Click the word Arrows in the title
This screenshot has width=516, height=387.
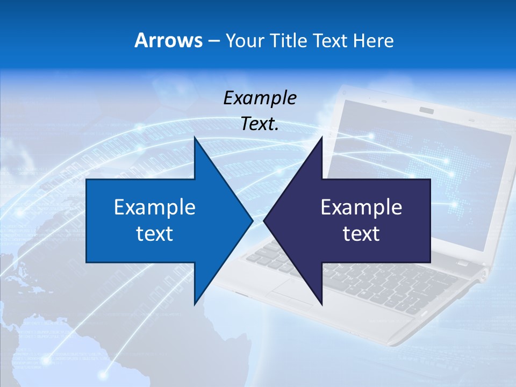(168, 40)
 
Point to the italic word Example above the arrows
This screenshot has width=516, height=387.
(260, 98)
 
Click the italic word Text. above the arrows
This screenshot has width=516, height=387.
(260, 124)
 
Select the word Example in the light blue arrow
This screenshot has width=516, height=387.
(155, 207)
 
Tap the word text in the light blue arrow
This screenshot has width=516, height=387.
(155, 233)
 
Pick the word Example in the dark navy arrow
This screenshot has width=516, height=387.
(361, 207)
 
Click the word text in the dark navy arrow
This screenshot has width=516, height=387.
(361, 233)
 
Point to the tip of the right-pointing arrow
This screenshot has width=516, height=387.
(253, 220)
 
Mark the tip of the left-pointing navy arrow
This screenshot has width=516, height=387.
(264, 220)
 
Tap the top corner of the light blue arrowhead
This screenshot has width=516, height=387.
(195, 137)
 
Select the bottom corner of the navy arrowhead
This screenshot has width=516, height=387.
(322, 305)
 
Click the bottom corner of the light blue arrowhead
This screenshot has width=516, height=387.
(195, 304)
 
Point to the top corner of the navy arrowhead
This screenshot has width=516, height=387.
(322, 137)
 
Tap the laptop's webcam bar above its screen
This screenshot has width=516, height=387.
(427, 110)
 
